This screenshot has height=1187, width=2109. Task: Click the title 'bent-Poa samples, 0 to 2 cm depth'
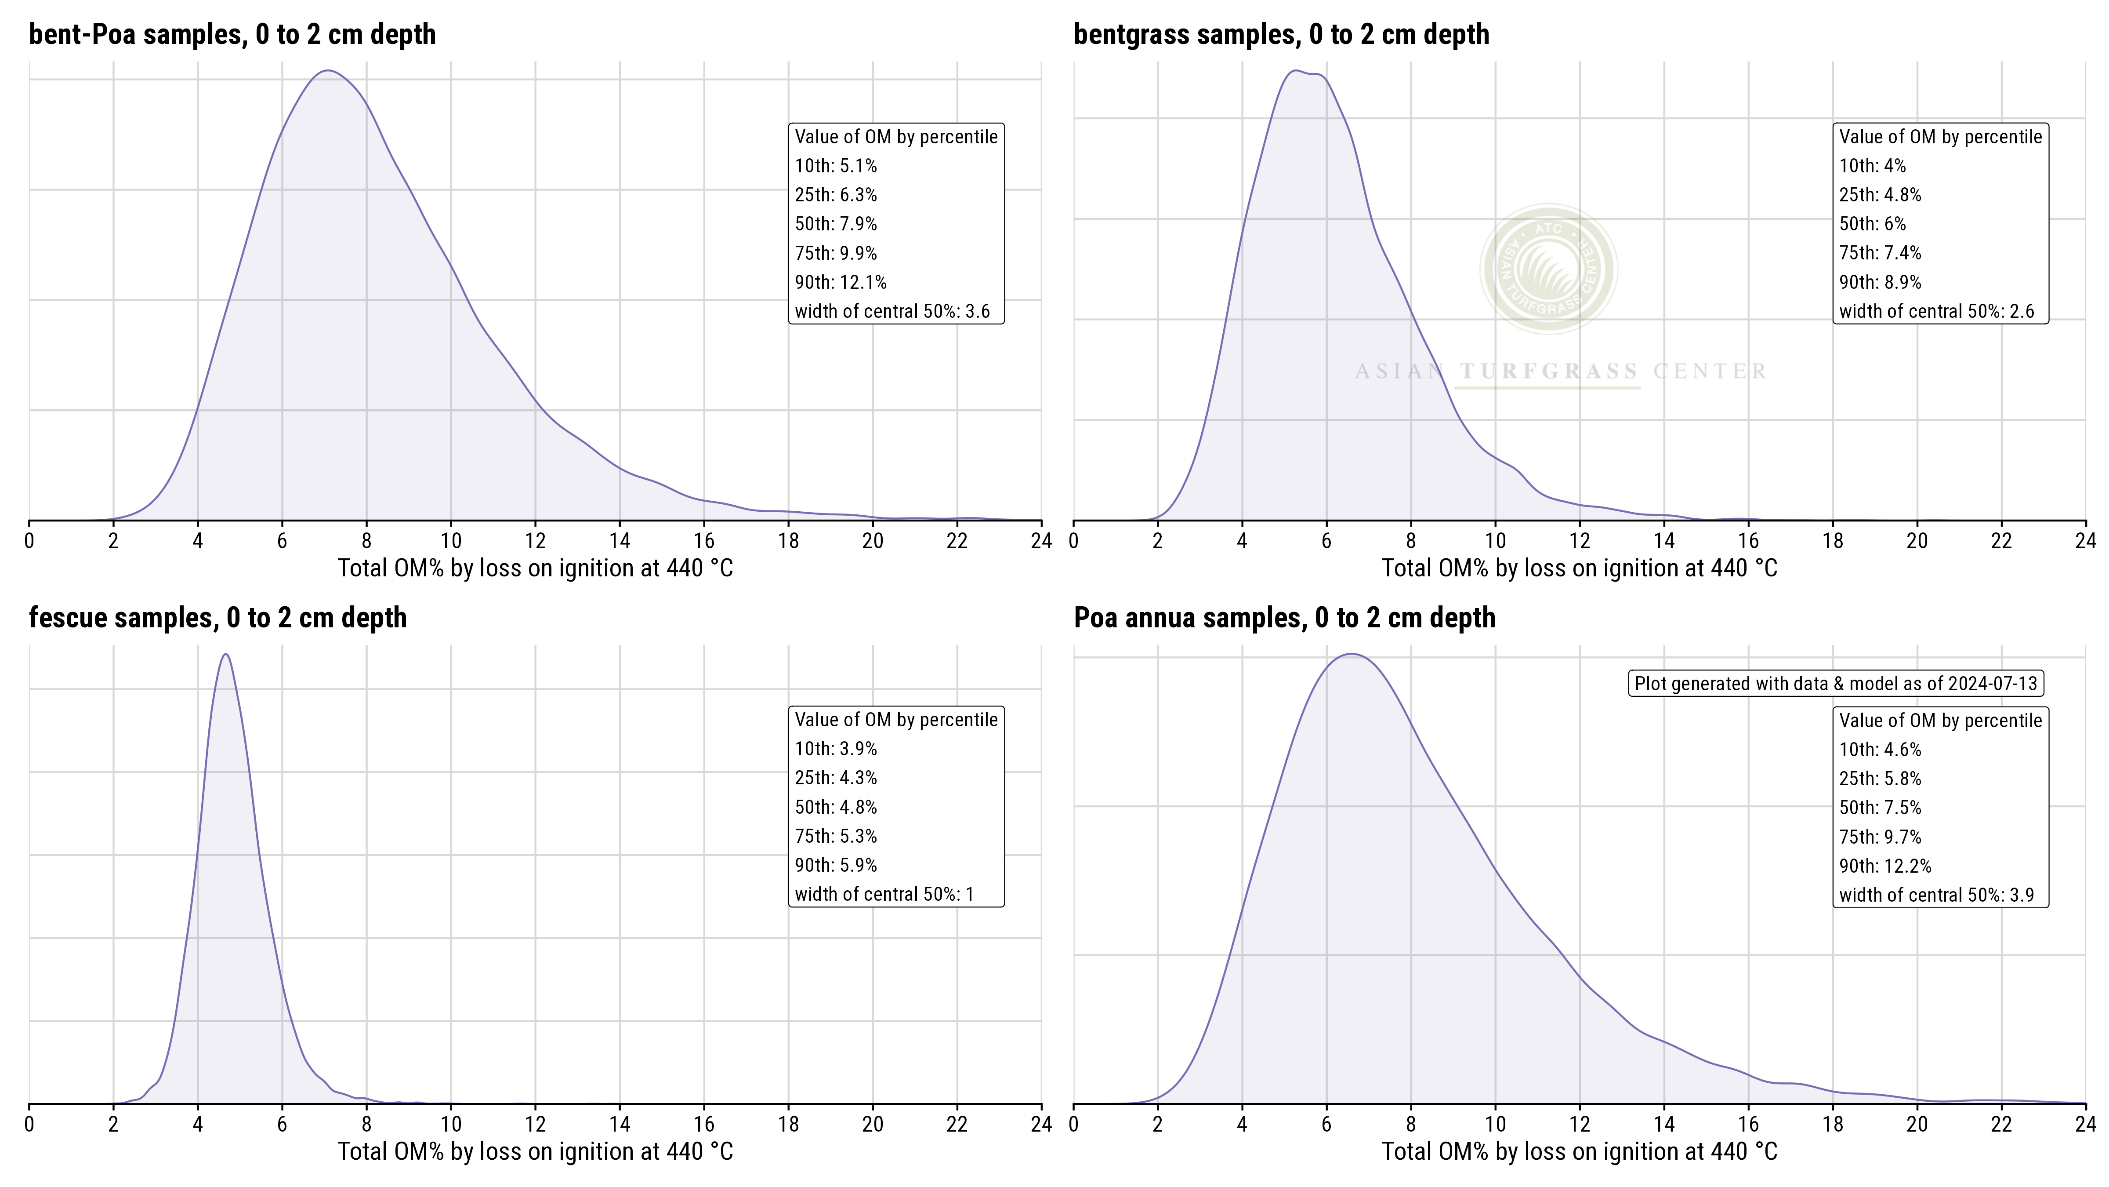[232, 34]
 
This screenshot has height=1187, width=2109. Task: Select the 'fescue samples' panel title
[218, 618]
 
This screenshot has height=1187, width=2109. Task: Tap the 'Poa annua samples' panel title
[1284, 618]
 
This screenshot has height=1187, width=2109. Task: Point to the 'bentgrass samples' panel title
[1281, 34]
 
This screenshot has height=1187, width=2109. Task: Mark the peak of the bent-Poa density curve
[327, 70]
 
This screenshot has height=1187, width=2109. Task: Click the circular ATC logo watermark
[1548, 269]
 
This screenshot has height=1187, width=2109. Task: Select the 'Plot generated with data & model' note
[1836, 683]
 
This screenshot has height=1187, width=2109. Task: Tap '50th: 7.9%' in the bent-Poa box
[835, 224]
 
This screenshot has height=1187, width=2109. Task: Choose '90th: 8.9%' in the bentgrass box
[1880, 282]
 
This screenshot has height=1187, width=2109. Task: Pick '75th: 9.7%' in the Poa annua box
[1880, 836]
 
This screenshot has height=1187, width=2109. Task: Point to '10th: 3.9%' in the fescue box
[835, 749]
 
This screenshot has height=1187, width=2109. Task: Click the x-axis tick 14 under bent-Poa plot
[620, 541]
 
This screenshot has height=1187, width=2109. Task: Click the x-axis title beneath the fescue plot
[536, 1152]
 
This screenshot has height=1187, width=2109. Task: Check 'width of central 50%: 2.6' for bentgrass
[1936, 311]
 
